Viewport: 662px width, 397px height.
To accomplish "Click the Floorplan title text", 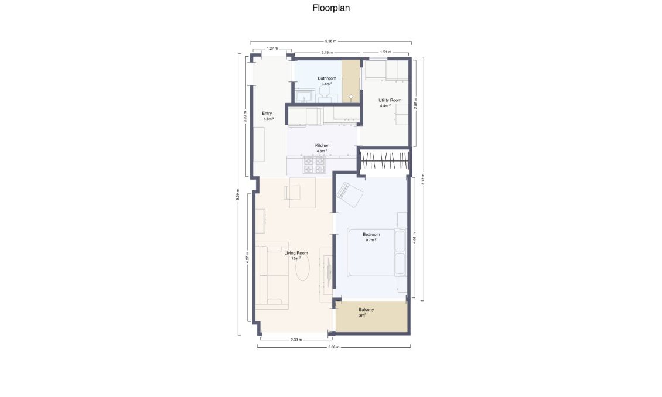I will tap(331, 8).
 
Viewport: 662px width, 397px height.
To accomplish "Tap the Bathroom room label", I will tap(327, 78).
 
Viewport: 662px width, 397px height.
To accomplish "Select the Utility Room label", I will tap(390, 101).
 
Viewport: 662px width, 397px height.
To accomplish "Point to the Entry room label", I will tap(267, 113).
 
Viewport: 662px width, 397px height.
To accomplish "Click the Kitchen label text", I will tap(322, 145).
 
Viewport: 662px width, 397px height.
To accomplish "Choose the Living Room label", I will tap(296, 253).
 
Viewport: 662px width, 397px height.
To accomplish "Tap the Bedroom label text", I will tap(371, 235).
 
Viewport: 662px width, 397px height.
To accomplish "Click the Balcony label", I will tap(366, 309).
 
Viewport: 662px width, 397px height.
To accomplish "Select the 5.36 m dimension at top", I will tap(330, 42).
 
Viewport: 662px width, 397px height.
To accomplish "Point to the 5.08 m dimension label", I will tap(333, 347).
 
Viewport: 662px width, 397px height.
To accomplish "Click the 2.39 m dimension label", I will tap(295, 340).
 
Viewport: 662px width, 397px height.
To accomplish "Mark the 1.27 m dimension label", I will tap(272, 49).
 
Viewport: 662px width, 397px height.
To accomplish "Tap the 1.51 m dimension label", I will tap(385, 52).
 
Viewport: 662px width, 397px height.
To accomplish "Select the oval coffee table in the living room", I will tap(302, 269).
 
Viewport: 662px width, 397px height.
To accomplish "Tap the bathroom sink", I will tap(305, 95).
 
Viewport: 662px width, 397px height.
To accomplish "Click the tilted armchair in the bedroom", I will tap(350, 194).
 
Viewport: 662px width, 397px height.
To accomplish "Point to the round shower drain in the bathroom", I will tap(351, 95).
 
